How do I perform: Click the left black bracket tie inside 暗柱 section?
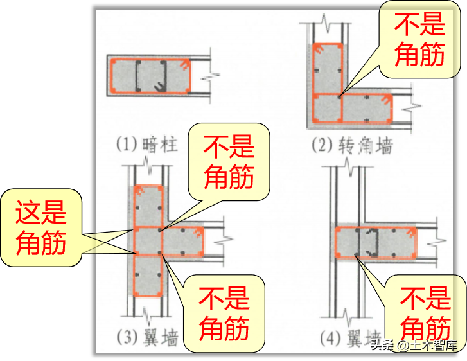pos(139,75)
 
